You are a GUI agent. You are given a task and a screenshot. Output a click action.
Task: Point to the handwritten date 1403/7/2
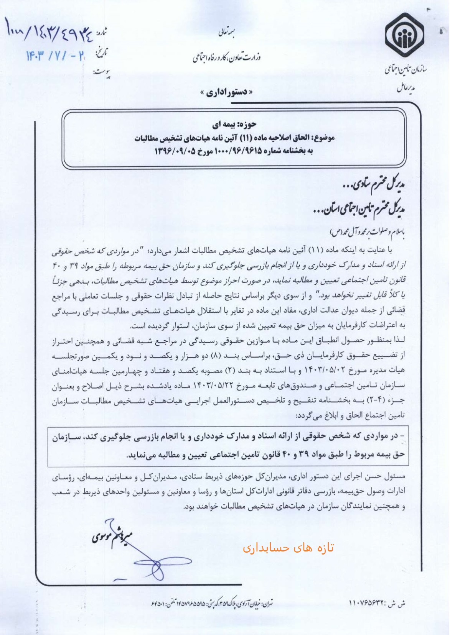tap(55, 57)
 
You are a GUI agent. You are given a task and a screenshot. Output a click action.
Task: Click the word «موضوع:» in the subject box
tap(323, 138)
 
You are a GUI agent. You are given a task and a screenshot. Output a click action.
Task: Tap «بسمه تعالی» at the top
tap(227, 33)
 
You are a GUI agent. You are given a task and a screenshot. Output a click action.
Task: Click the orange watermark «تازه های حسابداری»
tap(288, 548)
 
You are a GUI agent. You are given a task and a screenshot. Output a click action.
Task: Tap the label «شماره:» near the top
tap(101, 33)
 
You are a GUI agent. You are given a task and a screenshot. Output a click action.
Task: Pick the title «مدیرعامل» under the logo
tap(405, 89)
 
